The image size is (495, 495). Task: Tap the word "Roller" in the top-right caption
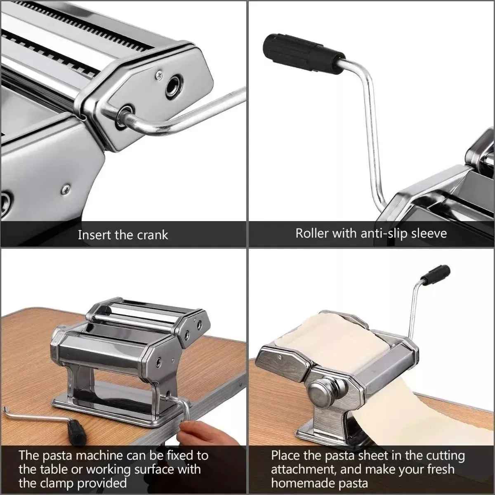pos(312,233)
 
